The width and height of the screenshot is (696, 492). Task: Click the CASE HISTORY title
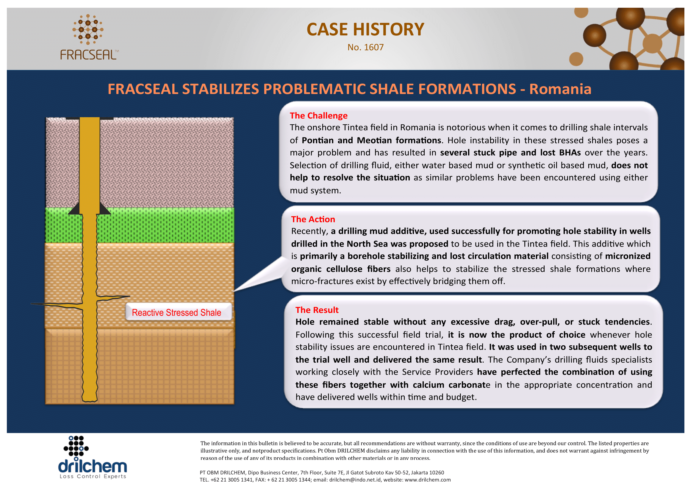(x=365, y=29)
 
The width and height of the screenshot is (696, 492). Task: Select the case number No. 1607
(x=365, y=47)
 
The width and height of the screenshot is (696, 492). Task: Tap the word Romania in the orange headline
(x=560, y=89)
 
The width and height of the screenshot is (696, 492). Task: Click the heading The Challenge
(x=318, y=116)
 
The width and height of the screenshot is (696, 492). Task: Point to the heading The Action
(x=313, y=219)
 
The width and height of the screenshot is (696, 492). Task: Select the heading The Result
(x=317, y=310)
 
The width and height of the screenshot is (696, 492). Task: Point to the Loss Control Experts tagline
(x=93, y=477)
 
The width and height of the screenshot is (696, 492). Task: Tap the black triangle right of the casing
(x=105, y=209)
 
